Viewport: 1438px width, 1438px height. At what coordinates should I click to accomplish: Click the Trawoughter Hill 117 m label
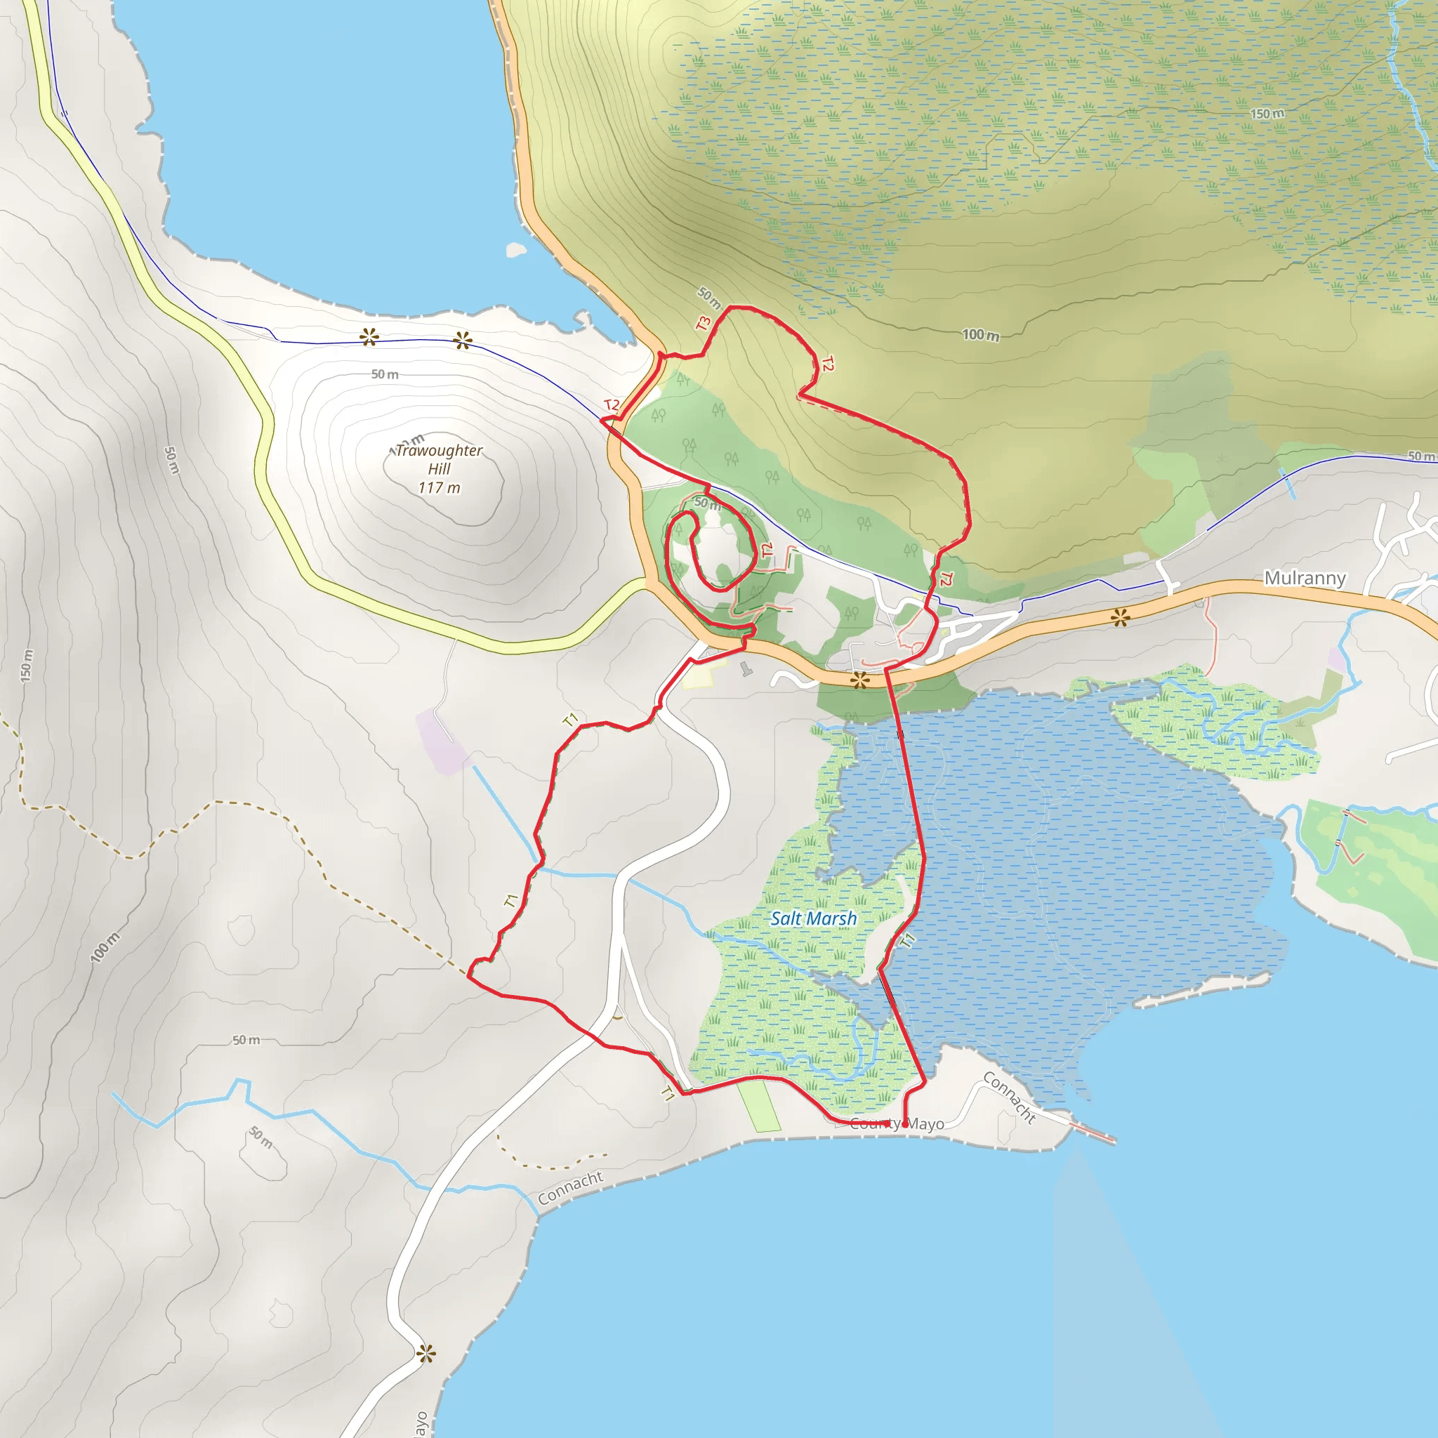click(x=439, y=469)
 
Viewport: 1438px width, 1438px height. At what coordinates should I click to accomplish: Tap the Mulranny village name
click(x=1305, y=579)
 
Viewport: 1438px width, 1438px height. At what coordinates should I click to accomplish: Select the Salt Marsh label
click(x=813, y=918)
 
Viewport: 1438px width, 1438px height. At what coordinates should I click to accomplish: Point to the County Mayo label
click(x=897, y=1124)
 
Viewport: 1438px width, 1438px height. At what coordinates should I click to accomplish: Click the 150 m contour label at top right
click(x=1267, y=114)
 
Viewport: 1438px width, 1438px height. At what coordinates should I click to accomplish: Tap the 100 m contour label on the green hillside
click(x=980, y=335)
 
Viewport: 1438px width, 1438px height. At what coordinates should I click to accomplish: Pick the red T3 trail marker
click(x=704, y=324)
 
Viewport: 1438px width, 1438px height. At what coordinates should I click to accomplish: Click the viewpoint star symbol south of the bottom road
click(x=426, y=1354)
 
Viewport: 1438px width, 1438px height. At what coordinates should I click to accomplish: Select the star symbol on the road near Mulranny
click(x=1120, y=617)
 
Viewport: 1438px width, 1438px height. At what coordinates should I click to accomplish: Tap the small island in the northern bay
click(x=516, y=249)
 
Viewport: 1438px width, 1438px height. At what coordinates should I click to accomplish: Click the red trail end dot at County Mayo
click(x=904, y=1125)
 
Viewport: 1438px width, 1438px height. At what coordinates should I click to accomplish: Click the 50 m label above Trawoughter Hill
click(x=385, y=374)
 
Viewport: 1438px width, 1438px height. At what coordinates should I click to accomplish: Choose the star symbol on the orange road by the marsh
click(x=860, y=680)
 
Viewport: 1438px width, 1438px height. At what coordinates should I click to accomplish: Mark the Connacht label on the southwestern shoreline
click(x=570, y=1189)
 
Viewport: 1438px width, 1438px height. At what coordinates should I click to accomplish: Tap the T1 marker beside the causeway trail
click(x=908, y=940)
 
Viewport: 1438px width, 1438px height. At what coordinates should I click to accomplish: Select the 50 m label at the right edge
click(x=1421, y=456)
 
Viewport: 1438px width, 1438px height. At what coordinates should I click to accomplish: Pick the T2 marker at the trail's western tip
click(x=611, y=405)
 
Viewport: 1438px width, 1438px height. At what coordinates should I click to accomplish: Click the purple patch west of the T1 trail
click(x=443, y=741)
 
